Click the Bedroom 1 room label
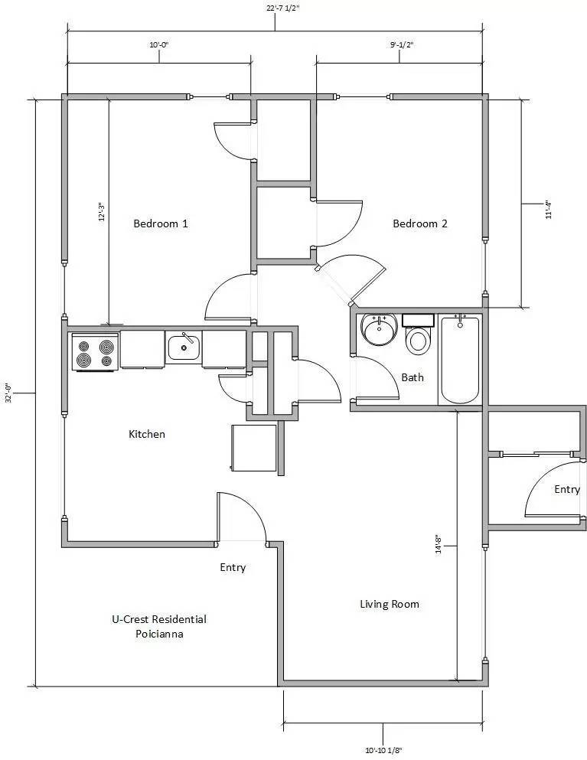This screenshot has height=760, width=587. [161, 223]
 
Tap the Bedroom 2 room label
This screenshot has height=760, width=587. [419, 223]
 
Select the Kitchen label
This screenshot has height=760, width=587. [147, 434]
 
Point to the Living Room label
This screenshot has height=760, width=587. [390, 604]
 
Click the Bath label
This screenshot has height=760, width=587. [413, 377]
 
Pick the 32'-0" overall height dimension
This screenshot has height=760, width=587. [8, 393]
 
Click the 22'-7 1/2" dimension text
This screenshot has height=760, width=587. [276, 8]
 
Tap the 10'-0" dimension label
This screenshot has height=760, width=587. [158, 45]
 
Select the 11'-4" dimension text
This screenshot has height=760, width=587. [549, 210]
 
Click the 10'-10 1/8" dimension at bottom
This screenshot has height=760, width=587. [383, 750]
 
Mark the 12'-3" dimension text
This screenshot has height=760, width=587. [102, 212]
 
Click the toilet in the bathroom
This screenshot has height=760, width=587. [418, 334]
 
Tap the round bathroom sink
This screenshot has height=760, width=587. [379, 330]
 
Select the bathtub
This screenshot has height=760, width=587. [460, 359]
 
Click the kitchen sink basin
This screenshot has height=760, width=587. [184, 347]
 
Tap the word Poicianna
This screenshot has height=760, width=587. [159, 634]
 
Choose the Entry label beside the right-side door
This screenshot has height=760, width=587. [567, 490]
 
